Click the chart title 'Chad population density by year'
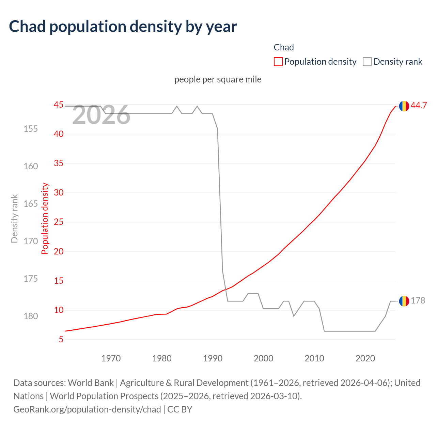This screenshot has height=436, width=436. pos(123,27)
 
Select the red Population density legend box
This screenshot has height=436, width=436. pos(278,62)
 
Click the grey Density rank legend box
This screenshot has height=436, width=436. pos(367,62)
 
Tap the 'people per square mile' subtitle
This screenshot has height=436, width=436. pos(218,79)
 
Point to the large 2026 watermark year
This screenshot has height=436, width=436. pos(101,115)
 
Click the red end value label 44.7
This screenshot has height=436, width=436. pos(419,106)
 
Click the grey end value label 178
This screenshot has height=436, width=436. pos(418,300)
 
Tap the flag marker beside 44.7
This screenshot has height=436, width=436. pos(404,106)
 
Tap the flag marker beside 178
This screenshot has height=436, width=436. pos(404,301)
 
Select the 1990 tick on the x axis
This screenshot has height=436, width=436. pos(213,358)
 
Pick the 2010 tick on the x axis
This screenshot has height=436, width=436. pos(314,358)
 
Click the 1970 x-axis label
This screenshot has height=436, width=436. pos(111,358)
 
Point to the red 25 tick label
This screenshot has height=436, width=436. pos(59,222)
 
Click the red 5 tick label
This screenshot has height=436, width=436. pos(61,340)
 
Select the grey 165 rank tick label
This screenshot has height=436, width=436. pos(31,204)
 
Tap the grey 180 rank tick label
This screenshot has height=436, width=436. pos(31,316)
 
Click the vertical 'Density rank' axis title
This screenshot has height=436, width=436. pos(14,219)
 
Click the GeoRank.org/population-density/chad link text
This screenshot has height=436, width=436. pos(87,409)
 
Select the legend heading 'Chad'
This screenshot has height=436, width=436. pos(283,47)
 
